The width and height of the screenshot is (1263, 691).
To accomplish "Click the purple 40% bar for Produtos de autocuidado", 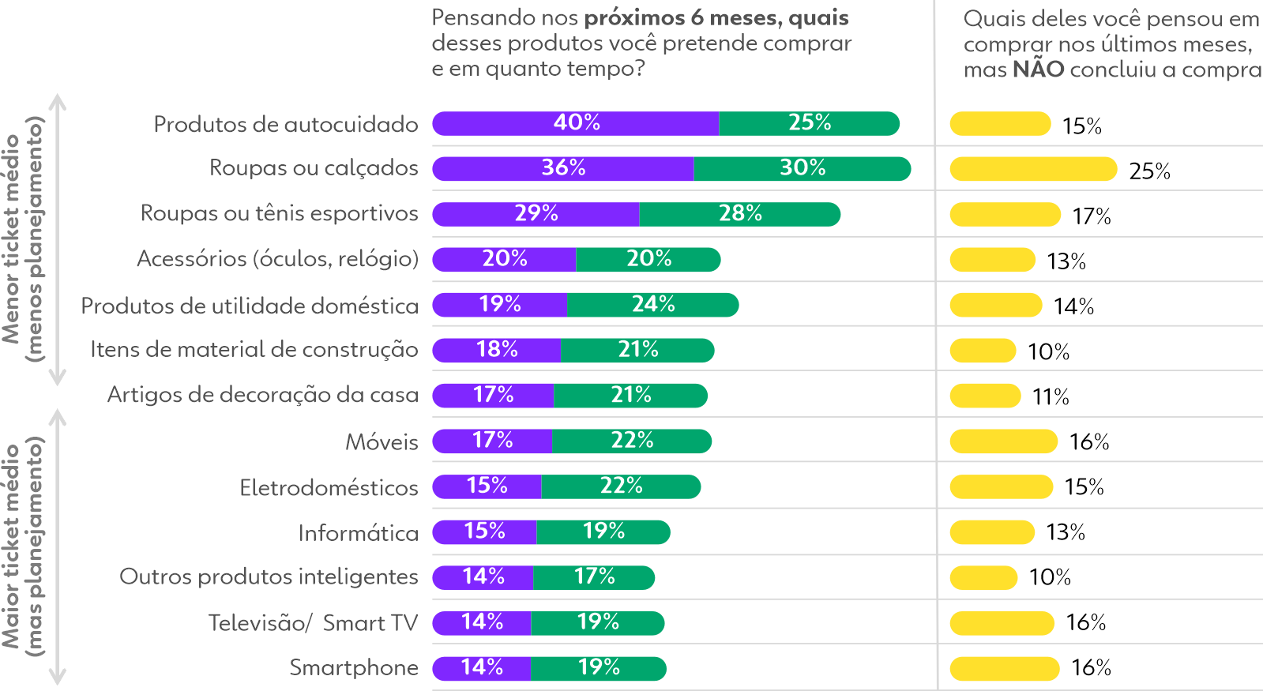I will point(575,123).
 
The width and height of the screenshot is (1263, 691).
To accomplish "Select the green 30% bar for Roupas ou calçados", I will point(802,168).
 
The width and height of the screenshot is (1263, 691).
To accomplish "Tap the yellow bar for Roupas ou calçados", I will point(1032,169).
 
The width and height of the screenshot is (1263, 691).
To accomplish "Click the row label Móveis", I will point(382,442).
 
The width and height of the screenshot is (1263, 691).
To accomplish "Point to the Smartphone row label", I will point(353,668).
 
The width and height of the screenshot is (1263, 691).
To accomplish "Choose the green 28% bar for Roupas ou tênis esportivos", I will point(739,214).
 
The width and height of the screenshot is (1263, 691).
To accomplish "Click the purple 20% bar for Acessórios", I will point(504,259).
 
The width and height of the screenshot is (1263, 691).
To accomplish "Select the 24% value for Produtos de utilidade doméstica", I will point(653,304).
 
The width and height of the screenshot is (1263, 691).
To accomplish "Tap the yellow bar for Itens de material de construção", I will point(983,351).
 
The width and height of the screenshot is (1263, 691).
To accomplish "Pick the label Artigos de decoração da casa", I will point(262,395).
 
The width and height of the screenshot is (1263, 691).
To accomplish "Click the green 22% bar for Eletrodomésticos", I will point(621,486).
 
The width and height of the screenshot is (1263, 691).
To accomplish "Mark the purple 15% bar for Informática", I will point(484,531).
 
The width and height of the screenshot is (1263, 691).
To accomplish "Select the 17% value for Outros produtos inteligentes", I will point(594,576).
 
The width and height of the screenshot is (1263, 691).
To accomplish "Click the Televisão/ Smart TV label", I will point(313,623).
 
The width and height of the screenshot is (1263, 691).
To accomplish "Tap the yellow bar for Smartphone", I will point(1004,669).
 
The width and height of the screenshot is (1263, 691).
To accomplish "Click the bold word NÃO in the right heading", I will point(1038,69).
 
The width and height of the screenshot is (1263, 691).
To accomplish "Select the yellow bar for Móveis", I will point(1003,441).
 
